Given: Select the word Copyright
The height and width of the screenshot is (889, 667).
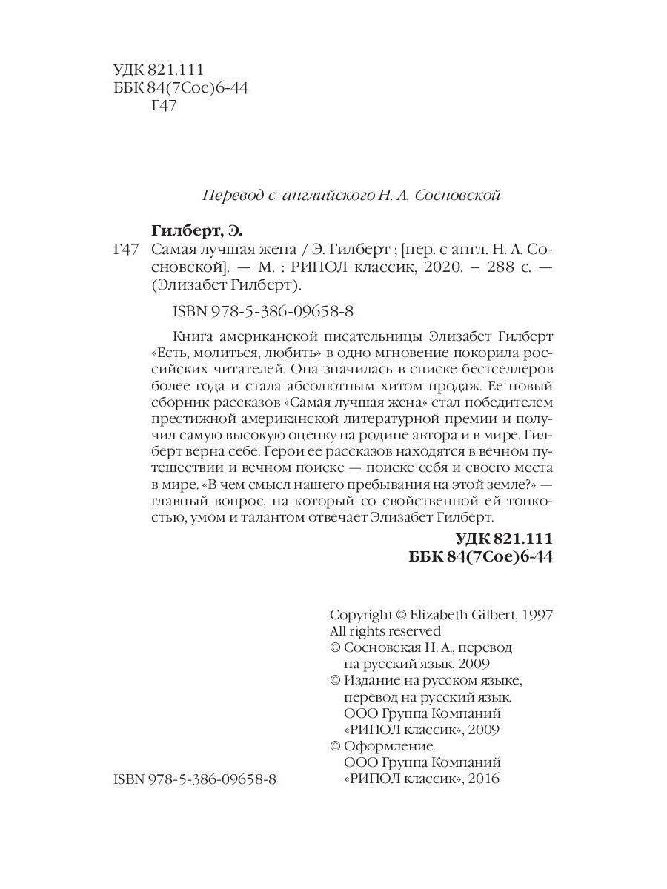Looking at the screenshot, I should [361, 614].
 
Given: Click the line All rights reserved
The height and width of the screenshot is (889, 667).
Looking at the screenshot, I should [385, 631].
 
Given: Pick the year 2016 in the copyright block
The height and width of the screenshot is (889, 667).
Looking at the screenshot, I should [485, 779].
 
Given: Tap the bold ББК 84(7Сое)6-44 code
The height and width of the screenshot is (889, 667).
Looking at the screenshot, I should [482, 556].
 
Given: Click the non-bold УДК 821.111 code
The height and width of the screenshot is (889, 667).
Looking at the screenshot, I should [159, 70].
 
